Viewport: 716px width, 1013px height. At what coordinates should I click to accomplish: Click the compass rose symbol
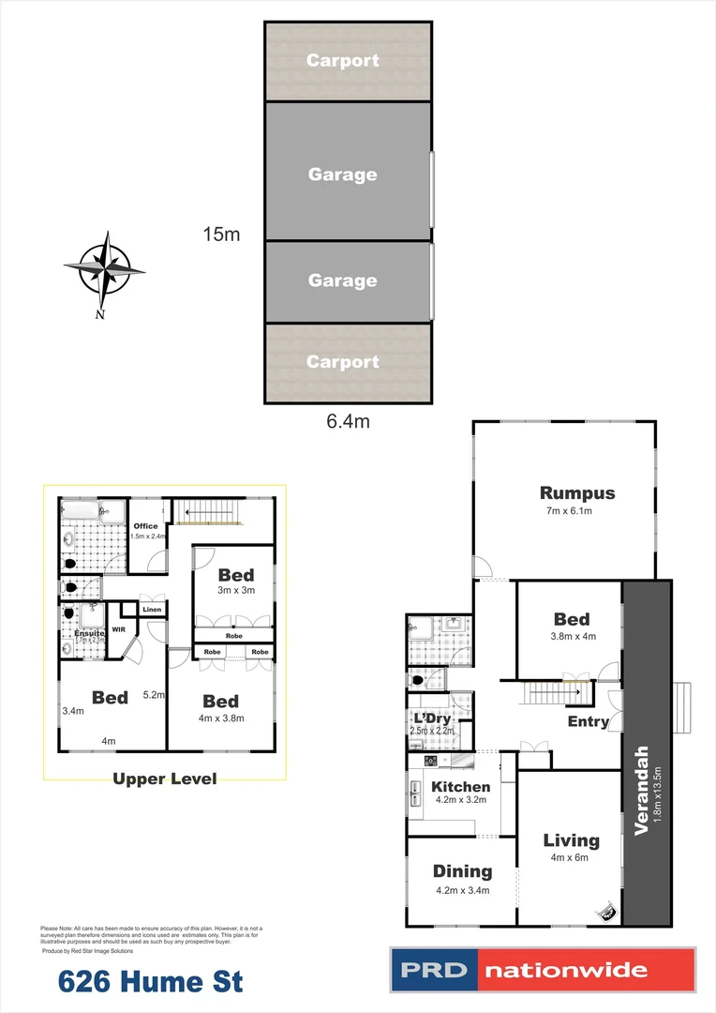tap(105, 270)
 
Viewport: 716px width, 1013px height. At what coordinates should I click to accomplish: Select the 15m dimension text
tap(221, 234)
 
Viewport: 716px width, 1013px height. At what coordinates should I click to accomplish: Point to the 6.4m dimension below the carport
tap(348, 422)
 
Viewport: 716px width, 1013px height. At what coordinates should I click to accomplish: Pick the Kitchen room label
tap(459, 786)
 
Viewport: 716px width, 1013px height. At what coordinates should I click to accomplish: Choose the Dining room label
tap(462, 871)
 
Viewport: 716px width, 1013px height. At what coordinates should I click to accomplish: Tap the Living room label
tap(571, 840)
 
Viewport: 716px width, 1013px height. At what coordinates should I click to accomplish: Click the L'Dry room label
tap(432, 718)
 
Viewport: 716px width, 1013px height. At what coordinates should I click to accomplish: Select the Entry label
tap(588, 721)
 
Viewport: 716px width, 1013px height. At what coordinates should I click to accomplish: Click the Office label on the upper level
tap(145, 526)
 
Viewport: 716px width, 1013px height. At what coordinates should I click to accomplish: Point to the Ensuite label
tap(90, 633)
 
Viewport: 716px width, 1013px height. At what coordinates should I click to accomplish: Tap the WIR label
tap(119, 630)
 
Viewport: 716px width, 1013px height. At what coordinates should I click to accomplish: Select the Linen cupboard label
tap(153, 610)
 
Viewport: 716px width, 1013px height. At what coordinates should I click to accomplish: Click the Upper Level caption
tap(164, 779)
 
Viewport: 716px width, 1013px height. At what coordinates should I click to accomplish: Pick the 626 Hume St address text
tap(150, 982)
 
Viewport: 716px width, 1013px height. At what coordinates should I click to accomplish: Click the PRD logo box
tap(434, 970)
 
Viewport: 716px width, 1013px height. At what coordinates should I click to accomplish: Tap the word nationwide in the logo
tap(587, 970)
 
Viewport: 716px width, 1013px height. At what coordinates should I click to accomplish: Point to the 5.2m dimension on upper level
tap(154, 696)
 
